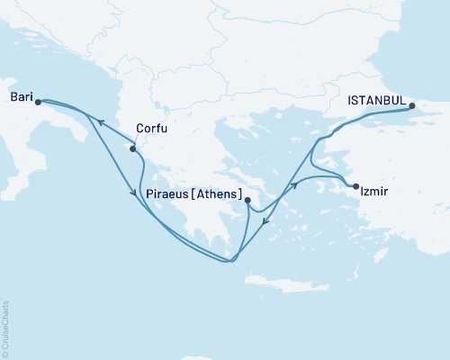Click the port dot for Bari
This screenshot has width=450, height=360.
pyautogui.click(x=38, y=102)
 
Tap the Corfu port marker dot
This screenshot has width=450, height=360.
pyautogui.click(x=133, y=148)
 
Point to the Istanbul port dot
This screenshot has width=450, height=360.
pyautogui.click(x=413, y=106)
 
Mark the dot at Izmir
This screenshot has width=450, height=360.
pyautogui.click(x=356, y=186)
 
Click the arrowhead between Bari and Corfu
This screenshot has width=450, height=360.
pyautogui.click(x=101, y=122)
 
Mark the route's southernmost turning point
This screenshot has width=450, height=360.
pyautogui.click(x=230, y=262)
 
